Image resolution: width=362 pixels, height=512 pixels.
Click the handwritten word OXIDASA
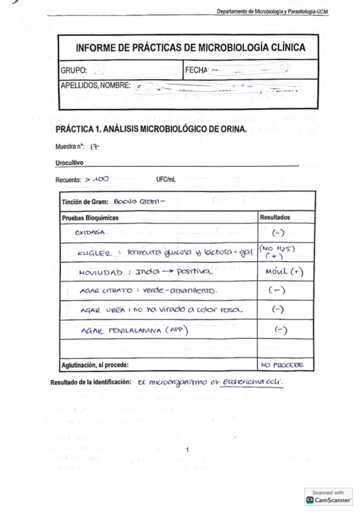pyautogui.click(x=89, y=231)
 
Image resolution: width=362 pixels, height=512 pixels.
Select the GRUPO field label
pyautogui.click(x=74, y=70)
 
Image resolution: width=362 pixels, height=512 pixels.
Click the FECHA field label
pyautogui.click(x=196, y=70)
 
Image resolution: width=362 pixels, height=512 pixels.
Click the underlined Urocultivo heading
pyautogui.click(x=69, y=163)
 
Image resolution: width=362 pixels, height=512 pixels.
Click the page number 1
pyautogui.click(x=188, y=450)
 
